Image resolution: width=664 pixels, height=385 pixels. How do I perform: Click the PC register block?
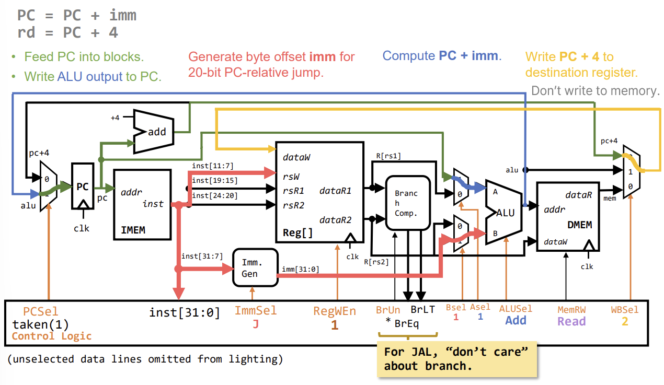pyautogui.click(x=82, y=187)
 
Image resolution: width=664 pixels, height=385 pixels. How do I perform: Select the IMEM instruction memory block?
pyautogui.click(x=142, y=204)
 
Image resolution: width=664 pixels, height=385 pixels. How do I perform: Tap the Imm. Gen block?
pyautogui.click(x=255, y=267)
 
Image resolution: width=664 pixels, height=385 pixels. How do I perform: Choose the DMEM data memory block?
pyautogui.click(x=568, y=217)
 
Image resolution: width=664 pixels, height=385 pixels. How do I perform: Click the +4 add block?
pyautogui.click(x=155, y=131)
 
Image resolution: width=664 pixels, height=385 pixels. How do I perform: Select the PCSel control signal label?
pyautogui.click(x=41, y=311)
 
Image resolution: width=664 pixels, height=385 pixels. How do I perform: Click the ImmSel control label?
pyautogui.click(x=256, y=311)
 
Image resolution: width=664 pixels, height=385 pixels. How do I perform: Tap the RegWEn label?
pyautogui.click(x=335, y=311)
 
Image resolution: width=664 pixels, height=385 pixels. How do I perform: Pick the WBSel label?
pyautogui.click(x=625, y=310)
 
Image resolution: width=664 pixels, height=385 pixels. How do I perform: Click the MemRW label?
pyautogui.click(x=571, y=310)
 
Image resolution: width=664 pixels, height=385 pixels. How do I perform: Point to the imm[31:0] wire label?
pyautogui.click(x=300, y=269)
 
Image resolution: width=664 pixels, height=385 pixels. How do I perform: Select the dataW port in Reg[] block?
pyautogui.click(x=299, y=157)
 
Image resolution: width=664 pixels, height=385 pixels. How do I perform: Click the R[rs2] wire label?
pyautogui.click(x=376, y=262)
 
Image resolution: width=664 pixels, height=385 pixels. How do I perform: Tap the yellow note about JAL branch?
pyautogui.click(x=456, y=358)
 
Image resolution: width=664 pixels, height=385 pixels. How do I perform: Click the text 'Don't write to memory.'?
pyautogui.click(x=596, y=91)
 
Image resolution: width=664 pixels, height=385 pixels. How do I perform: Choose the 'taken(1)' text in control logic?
pyautogui.click(x=41, y=324)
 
